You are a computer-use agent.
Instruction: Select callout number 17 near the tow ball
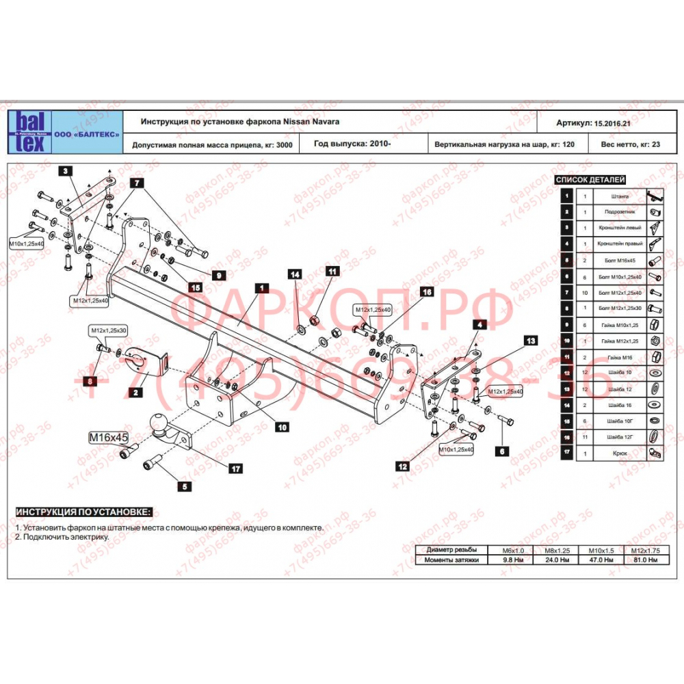click(236, 469)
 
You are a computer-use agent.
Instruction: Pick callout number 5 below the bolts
click(184, 487)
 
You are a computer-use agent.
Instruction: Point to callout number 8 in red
click(88, 381)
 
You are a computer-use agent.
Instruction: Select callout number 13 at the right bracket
click(531, 340)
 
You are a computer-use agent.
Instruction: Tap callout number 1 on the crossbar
click(260, 288)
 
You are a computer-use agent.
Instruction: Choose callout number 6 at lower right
click(502, 451)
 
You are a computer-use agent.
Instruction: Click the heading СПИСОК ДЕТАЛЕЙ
click(599, 180)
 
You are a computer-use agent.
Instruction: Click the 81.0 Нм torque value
click(646, 560)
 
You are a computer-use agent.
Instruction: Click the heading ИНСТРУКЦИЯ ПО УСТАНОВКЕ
click(84, 512)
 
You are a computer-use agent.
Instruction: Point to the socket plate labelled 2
click(146, 362)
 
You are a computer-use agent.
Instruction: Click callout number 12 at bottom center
click(402, 466)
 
